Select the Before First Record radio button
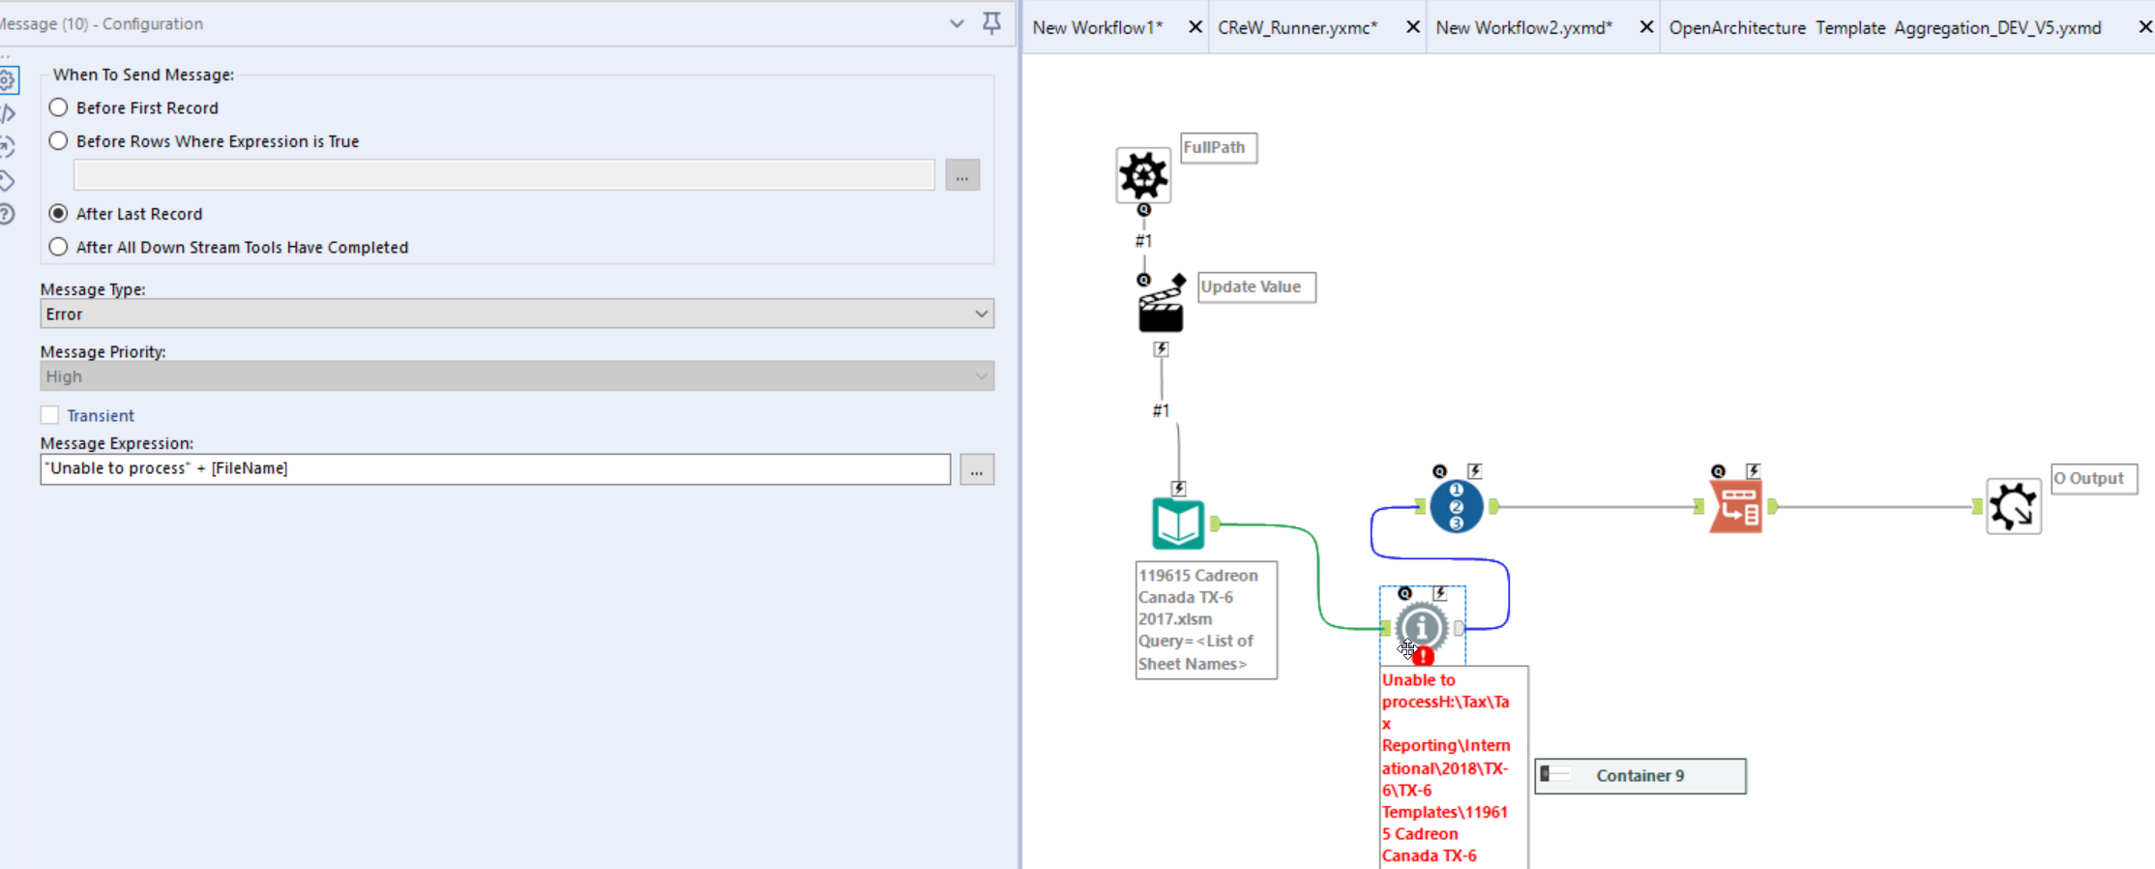[x=59, y=107]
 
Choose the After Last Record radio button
[x=59, y=214]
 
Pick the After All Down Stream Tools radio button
[x=59, y=247]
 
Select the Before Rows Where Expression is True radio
[x=59, y=141]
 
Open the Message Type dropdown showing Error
[x=517, y=314]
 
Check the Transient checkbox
[x=50, y=415]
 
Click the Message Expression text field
[x=495, y=468]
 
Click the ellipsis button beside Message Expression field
[x=977, y=470]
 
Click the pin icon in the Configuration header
[x=991, y=23]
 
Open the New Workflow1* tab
[x=1098, y=28]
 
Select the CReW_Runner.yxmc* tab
[x=1297, y=28]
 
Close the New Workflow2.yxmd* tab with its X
[x=1646, y=27]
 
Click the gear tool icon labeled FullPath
[x=1143, y=175]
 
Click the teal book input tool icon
[x=1178, y=524]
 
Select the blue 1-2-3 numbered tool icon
[x=1456, y=506]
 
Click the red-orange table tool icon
[x=1736, y=506]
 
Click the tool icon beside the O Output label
[x=2014, y=506]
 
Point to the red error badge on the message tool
[x=1423, y=656]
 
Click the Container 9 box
[x=1640, y=776]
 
